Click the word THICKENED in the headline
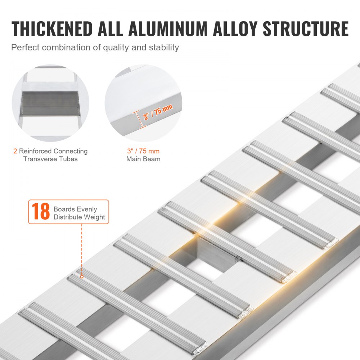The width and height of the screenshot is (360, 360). pos(52,29)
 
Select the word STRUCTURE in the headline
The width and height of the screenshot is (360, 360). pos(306,29)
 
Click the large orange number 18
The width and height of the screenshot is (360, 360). pos(40,212)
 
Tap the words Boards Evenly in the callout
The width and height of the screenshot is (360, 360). pos(75,209)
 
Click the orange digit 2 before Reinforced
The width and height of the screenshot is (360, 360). pos(15,151)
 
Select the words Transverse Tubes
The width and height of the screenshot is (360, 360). pos(50,159)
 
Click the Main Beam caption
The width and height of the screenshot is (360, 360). pos(143,159)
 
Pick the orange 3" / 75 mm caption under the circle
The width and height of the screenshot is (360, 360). pos(143,151)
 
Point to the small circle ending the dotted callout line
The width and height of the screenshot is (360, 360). pos(82,276)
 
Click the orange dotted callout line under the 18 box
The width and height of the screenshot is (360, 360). pos(82,248)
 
